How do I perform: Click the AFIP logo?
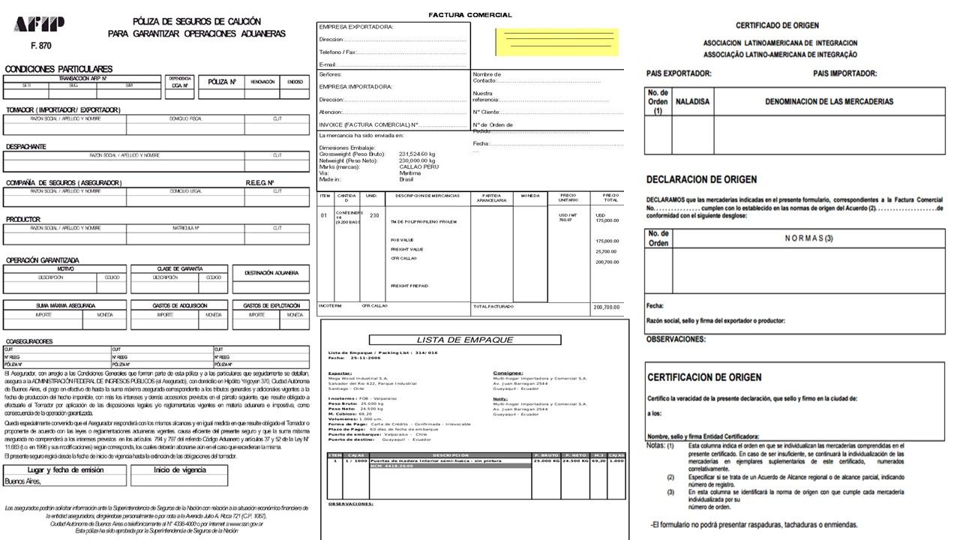39,25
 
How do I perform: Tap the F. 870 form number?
41,46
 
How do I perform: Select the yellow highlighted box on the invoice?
556,42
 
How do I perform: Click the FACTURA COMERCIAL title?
470,15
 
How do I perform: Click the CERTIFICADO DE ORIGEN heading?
777,25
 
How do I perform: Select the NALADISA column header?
692,101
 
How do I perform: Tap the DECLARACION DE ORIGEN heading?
701,180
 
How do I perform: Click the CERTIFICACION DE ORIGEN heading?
704,377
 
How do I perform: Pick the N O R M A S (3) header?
808,238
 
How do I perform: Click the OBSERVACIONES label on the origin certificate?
676,339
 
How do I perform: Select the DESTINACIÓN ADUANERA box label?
271,273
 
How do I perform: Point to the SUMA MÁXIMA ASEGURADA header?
65,306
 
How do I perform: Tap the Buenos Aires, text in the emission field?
23,481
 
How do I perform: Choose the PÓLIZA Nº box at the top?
222,82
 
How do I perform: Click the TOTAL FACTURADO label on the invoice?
493,307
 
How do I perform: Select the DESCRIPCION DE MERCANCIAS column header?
427,196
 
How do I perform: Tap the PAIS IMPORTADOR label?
844,73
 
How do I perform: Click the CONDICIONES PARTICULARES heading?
58,69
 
